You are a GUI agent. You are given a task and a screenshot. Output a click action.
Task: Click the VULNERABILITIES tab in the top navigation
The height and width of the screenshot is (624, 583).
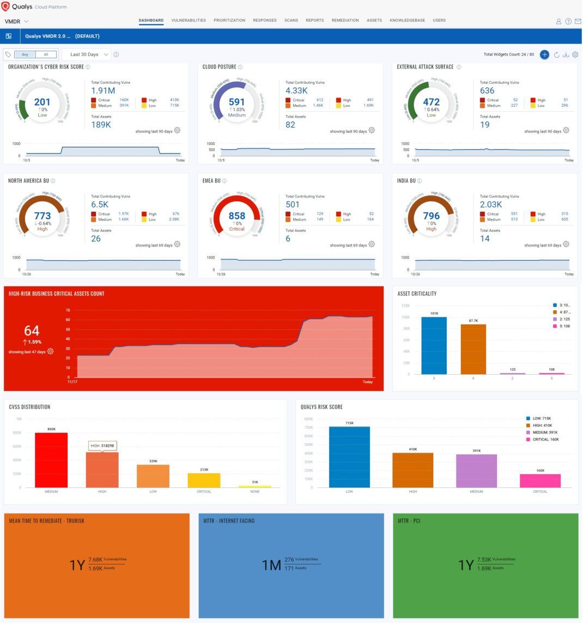(x=189, y=20)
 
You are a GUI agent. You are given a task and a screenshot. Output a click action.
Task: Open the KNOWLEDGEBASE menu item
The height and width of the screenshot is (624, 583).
(x=407, y=20)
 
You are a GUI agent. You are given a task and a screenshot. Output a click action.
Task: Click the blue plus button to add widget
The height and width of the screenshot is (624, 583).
(x=544, y=54)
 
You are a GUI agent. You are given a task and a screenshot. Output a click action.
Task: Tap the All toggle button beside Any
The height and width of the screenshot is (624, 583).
(x=46, y=54)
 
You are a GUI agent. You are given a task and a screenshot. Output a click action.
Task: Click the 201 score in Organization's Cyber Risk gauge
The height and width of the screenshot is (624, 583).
(x=42, y=102)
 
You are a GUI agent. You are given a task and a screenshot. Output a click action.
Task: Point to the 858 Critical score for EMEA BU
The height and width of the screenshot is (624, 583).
(x=236, y=216)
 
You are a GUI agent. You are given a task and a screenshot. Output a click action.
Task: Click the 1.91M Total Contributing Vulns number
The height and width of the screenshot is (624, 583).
(x=103, y=90)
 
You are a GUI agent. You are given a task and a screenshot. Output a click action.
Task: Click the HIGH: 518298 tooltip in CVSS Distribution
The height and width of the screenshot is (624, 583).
(x=102, y=445)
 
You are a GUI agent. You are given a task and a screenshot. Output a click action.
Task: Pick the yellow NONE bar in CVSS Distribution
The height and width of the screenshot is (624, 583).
(x=255, y=486)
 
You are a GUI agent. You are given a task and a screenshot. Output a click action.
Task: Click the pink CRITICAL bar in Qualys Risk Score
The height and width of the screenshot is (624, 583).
(x=540, y=480)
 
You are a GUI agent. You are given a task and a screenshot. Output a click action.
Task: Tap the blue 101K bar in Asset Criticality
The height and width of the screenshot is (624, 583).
(x=434, y=345)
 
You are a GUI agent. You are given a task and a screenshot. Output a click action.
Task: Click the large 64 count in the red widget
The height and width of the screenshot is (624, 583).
(x=32, y=331)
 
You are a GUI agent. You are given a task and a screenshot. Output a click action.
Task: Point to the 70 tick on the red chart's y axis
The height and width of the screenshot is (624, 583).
(x=68, y=310)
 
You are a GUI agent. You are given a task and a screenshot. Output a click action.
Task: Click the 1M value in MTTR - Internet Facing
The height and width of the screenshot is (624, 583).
(x=271, y=565)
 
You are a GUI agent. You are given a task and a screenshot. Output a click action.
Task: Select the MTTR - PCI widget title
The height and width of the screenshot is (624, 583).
(x=409, y=521)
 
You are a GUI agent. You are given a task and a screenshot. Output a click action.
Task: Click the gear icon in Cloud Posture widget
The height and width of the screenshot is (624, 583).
(x=372, y=130)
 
